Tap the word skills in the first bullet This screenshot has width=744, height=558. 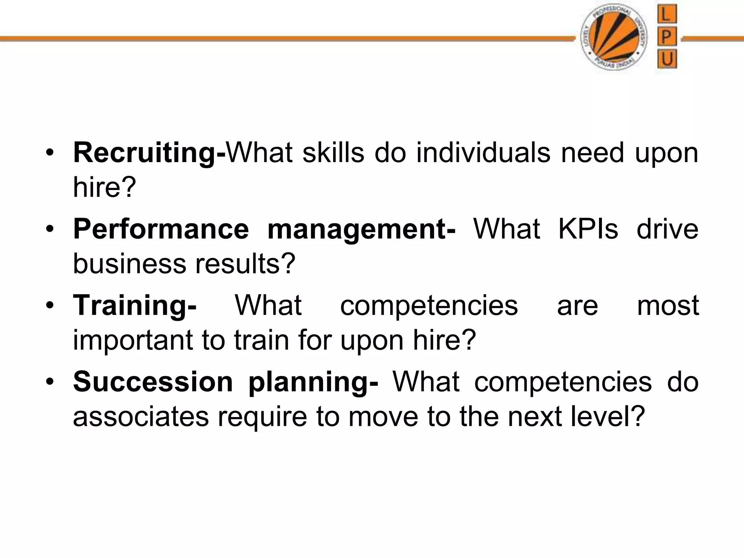(333, 153)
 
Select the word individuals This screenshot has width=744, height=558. (483, 153)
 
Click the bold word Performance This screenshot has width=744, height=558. (161, 230)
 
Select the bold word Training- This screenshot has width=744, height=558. (135, 306)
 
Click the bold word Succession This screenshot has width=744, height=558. (153, 382)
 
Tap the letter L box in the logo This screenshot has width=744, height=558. (667, 15)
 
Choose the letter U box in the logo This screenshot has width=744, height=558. (667, 58)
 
